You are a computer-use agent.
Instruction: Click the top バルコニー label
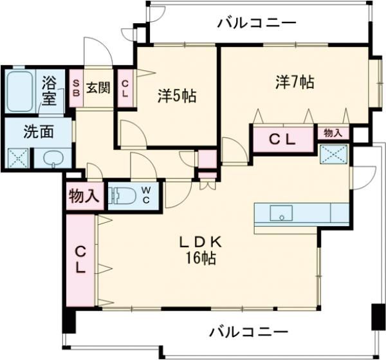coord(256,23)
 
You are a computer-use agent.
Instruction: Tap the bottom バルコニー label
coord(248,332)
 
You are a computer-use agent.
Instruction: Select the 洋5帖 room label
coord(177,97)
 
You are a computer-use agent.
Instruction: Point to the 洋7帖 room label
coord(295,82)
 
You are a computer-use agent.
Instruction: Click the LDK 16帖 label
coord(200,251)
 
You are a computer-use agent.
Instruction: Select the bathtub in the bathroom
coord(21,91)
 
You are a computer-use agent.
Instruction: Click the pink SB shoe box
coord(76,87)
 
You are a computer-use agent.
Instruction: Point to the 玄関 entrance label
coord(98,88)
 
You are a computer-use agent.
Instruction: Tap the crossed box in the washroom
coord(17,158)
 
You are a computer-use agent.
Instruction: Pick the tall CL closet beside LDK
coord(80,259)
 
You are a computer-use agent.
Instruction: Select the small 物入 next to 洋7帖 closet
coord(333,133)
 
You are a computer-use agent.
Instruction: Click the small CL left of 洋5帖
coord(125,87)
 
